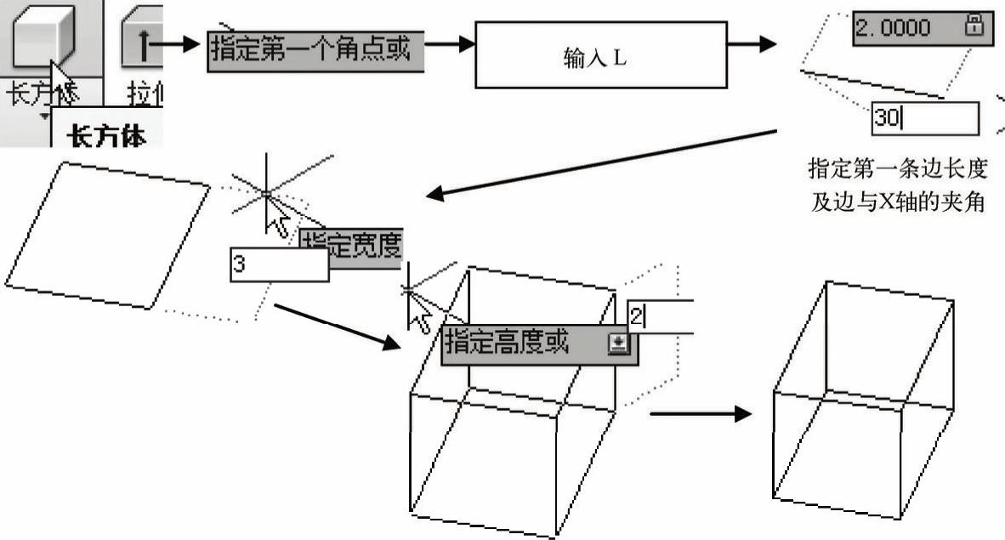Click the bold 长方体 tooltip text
click(107, 135)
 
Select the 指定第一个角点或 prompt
click(315, 50)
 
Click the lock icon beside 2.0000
click(974, 26)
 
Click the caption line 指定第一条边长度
click(897, 168)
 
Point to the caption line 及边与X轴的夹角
click(897, 203)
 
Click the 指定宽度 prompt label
click(351, 242)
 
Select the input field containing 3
click(279, 265)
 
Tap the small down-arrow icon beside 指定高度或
click(618, 343)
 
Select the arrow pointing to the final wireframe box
click(700, 414)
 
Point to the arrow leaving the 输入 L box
click(752, 43)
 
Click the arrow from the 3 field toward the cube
click(337, 326)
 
